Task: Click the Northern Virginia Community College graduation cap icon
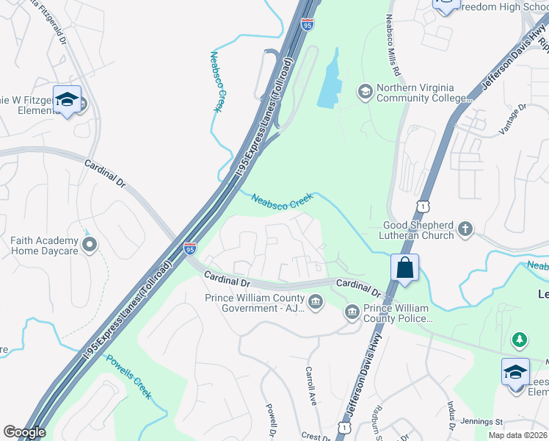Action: pos(365,91)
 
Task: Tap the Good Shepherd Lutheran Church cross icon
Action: pos(465,230)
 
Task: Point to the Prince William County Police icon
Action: pos(352,313)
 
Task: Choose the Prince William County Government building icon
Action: pos(316,302)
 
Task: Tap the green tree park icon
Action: pos(520,339)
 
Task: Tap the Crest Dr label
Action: pos(316,437)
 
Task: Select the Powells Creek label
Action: pos(129,377)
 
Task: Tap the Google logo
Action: pos(24,432)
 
